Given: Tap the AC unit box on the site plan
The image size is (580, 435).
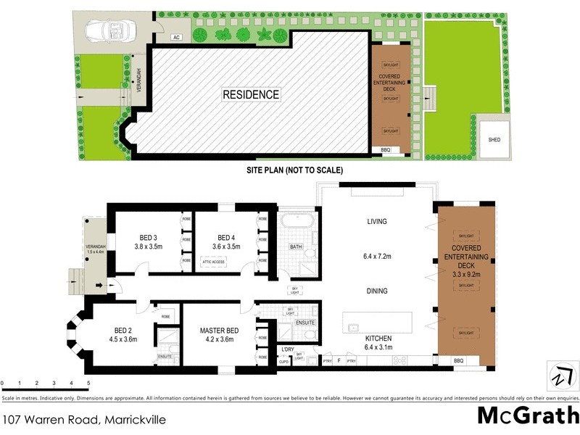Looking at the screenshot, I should (x=176, y=37).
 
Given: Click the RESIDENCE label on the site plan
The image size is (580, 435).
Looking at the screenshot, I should (x=250, y=94).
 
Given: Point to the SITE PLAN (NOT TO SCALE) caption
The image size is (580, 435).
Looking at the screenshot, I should (x=294, y=170).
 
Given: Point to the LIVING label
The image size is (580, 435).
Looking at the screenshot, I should (x=376, y=222).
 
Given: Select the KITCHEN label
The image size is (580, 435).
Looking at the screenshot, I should (x=378, y=339).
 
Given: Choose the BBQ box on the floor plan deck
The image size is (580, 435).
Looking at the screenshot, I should (x=457, y=360).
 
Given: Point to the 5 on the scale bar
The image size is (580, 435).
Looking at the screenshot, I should (x=88, y=383).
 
